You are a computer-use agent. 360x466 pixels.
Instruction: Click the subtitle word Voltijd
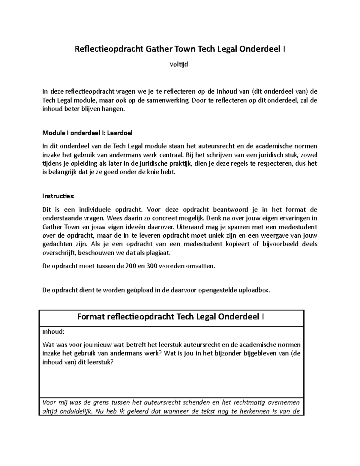click(180, 64)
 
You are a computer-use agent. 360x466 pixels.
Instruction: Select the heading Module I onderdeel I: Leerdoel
click(88, 133)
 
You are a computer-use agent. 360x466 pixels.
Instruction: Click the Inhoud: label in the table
click(53, 332)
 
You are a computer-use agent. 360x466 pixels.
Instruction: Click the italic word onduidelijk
click(76, 411)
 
